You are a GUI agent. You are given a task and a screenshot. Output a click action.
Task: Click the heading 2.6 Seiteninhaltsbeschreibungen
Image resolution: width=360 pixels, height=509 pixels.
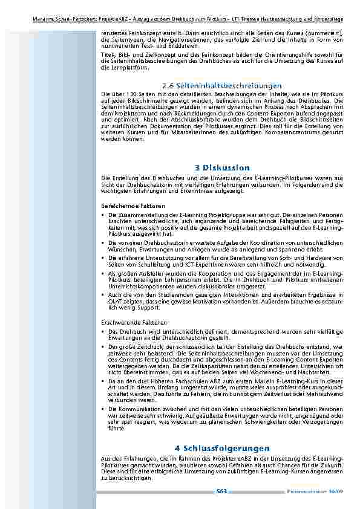coord(222,87)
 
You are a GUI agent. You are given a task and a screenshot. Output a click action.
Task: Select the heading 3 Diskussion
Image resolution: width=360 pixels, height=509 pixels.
coord(222,167)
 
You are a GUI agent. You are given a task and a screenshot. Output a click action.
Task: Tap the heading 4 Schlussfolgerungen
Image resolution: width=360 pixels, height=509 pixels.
coord(222,448)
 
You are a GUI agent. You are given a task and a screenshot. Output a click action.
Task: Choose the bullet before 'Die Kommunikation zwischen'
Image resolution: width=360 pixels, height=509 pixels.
coord(103,409)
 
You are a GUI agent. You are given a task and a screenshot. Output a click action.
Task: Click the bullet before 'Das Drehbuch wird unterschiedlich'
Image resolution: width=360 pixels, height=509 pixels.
coord(103,332)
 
